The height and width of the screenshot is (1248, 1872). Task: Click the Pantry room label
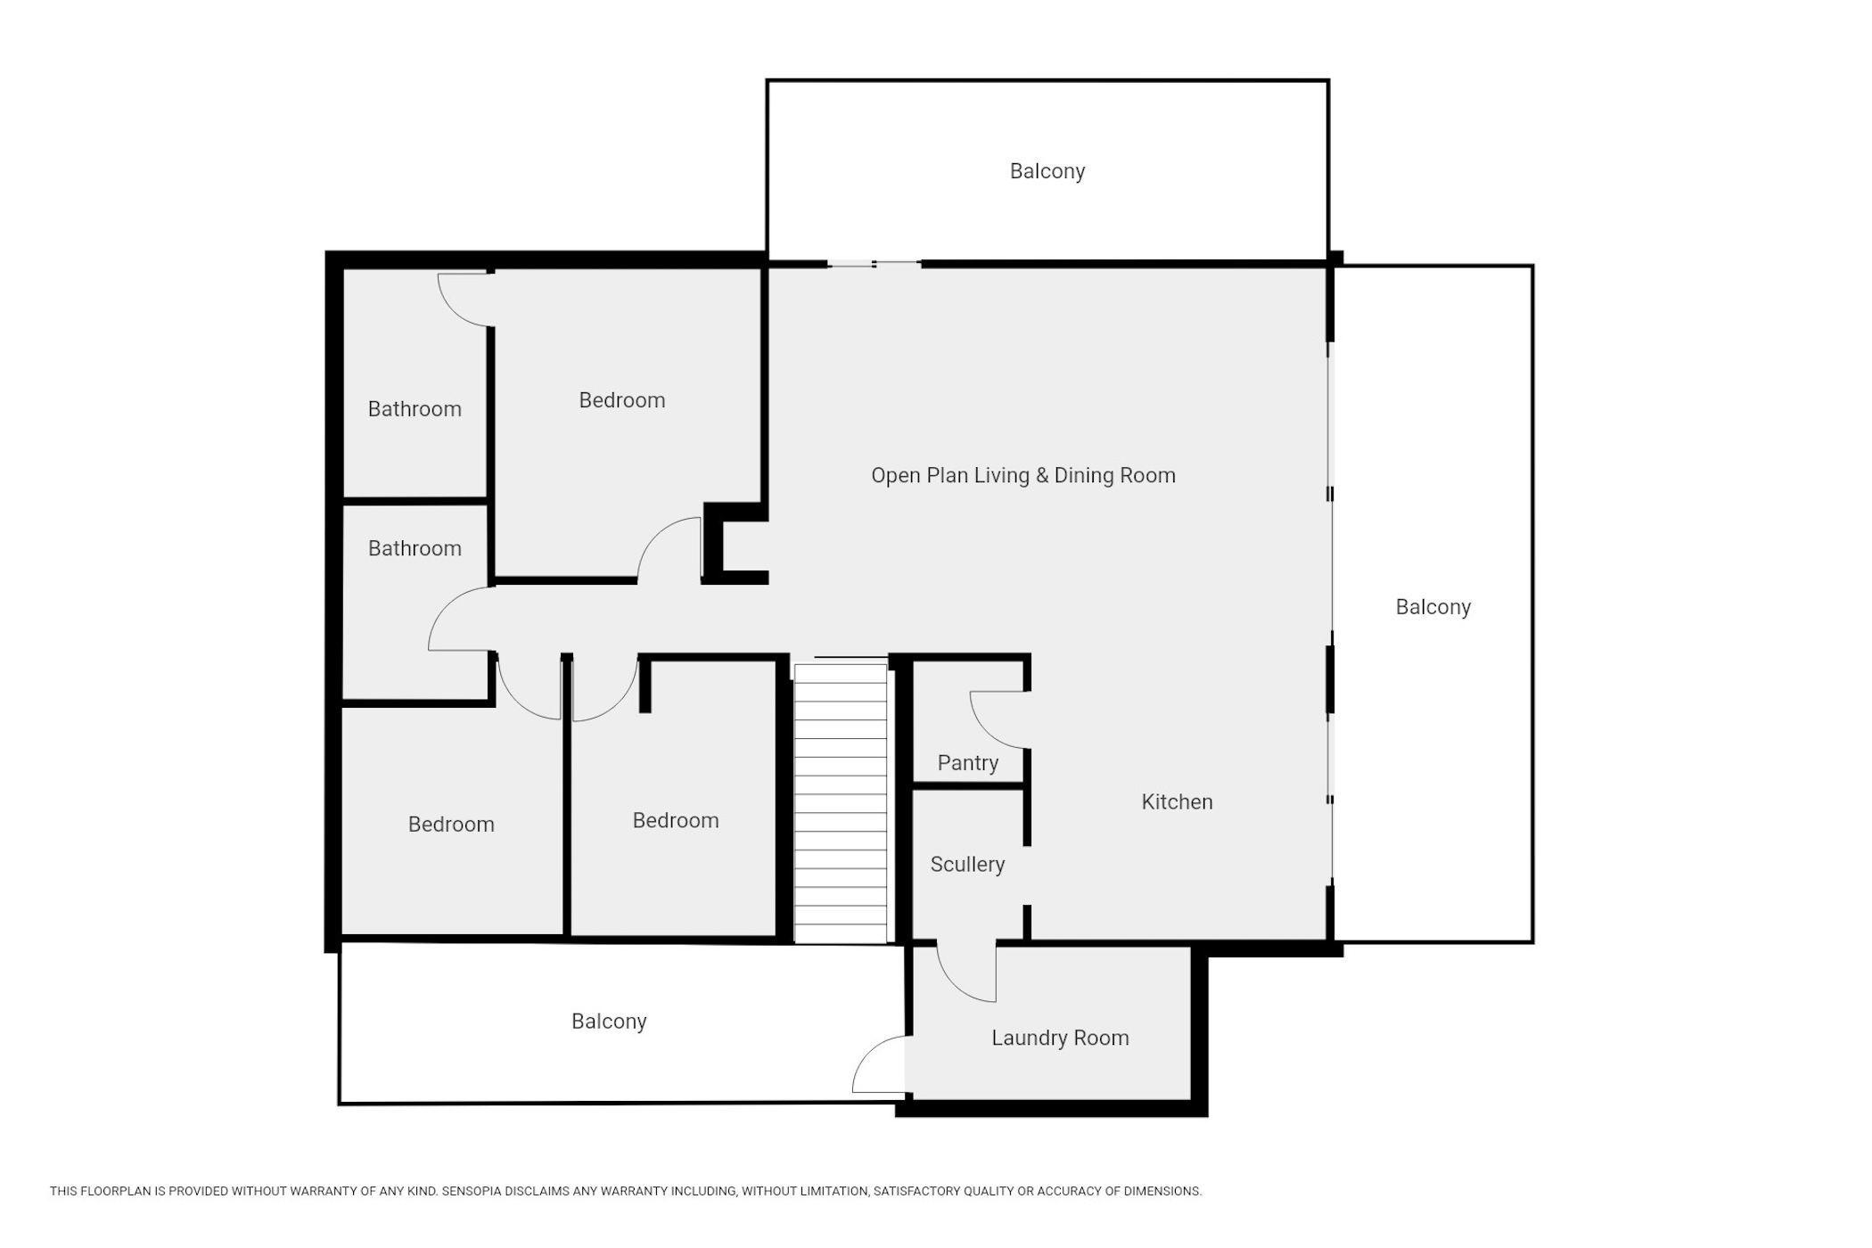click(x=967, y=763)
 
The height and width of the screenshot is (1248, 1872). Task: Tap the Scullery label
click(x=967, y=865)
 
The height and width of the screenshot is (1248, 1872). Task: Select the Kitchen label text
click(x=1177, y=802)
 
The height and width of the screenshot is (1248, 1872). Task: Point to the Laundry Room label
click(x=1060, y=1038)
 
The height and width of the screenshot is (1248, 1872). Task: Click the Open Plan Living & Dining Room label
click(x=1023, y=475)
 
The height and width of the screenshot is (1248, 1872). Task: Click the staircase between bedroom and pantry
click(x=841, y=802)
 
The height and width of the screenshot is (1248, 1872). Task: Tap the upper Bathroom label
click(x=415, y=409)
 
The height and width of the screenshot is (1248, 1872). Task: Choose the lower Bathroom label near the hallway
click(x=415, y=548)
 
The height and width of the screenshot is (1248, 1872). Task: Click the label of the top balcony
click(x=1047, y=171)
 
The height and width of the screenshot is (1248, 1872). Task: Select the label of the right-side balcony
click(x=1433, y=607)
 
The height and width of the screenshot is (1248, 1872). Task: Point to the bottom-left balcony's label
click(x=609, y=1022)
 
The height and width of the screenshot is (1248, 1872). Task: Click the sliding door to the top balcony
click(x=874, y=264)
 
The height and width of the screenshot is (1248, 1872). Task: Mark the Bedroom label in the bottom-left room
click(x=451, y=825)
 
